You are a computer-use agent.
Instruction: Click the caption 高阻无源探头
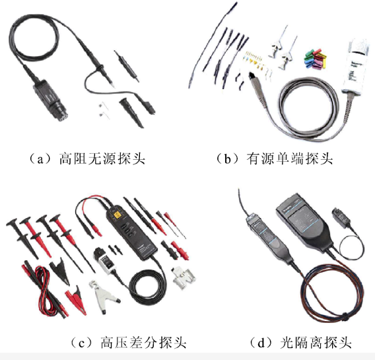pos(102,159)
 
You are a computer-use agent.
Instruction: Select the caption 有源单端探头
pos(290,159)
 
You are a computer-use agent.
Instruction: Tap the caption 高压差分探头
pos(143,342)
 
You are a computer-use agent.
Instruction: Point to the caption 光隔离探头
pos(316,342)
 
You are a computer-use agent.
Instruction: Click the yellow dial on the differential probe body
pos(117,215)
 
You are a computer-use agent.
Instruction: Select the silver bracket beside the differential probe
pos(183,278)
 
